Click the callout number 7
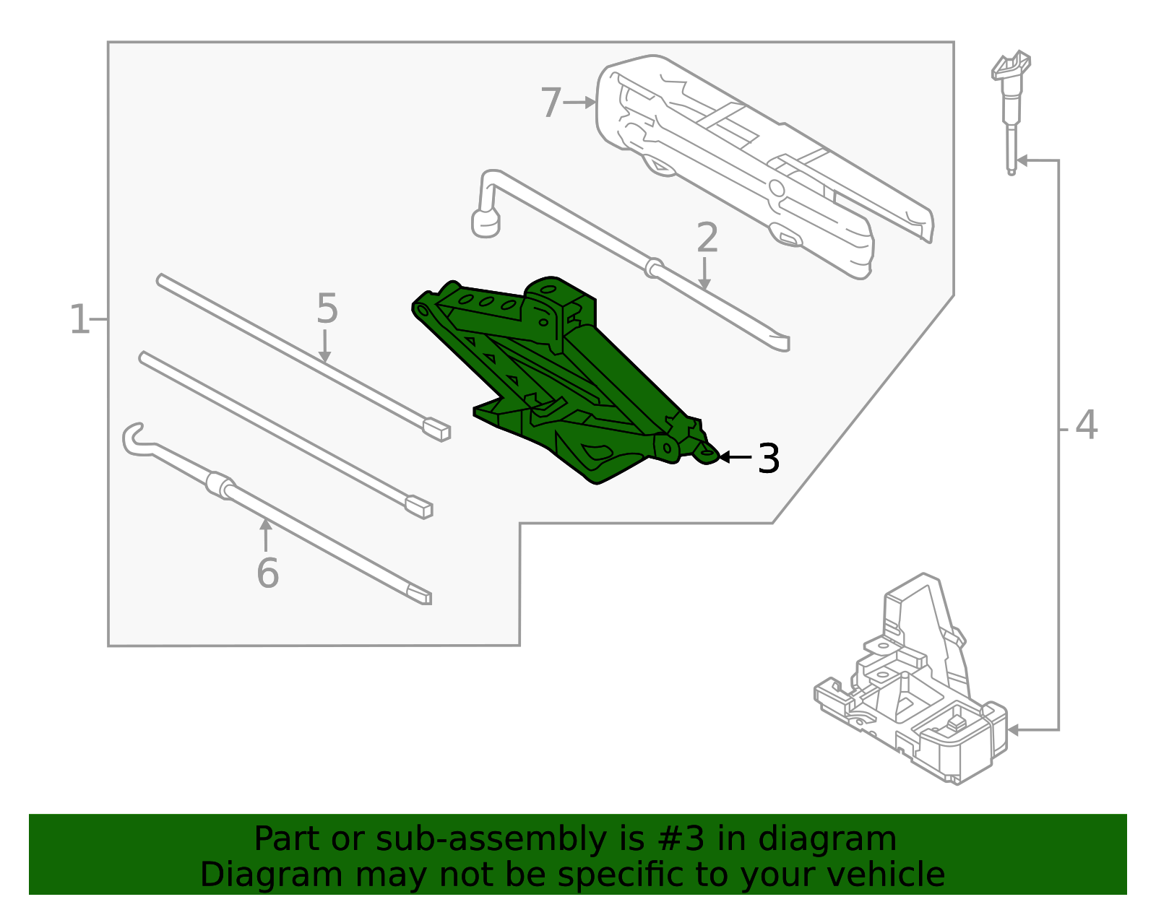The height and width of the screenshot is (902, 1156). tap(551, 103)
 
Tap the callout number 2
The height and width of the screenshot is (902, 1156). tap(707, 238)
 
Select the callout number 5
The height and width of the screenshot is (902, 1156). tap(327, 309)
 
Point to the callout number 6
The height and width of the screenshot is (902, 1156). tap(267, 573)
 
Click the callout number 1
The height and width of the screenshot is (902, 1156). tap(79, 319)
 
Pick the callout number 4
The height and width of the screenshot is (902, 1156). tap(1086, 425)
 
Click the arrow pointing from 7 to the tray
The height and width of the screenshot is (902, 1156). tap(579, 103)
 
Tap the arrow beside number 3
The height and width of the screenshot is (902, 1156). tap(735, 457)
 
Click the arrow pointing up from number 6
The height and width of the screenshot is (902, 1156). tap(266, 534)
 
